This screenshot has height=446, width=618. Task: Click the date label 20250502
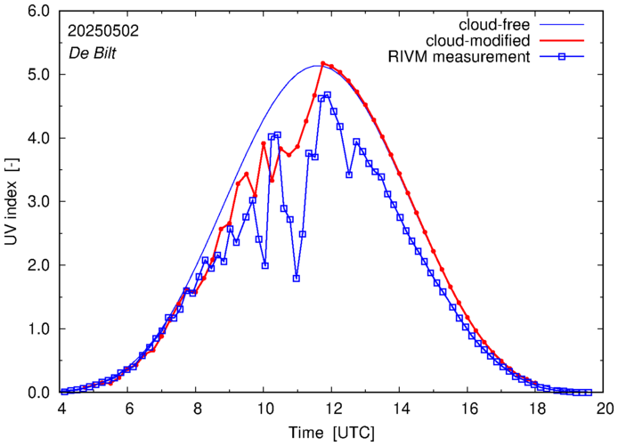point(102,29)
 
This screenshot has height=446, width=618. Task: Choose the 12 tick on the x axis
point(333,409)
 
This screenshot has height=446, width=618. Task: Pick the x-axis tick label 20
point(605,409)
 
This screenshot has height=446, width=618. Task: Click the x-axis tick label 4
point(61,409)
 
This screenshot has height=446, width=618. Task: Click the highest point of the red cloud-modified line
point(322,63)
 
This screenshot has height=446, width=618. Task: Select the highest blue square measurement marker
point(328,95)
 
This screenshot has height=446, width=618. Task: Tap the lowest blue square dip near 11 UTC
point(296,279)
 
